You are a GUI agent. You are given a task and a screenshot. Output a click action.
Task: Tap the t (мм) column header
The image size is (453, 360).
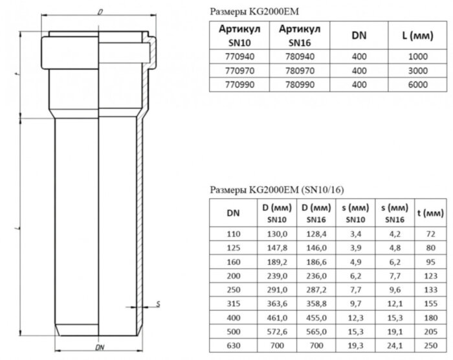tap(430, 212)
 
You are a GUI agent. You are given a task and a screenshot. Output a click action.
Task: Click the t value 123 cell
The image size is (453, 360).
tap(430, 273)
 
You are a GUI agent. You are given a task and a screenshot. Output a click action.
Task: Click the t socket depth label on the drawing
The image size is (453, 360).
tap(17, 76)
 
